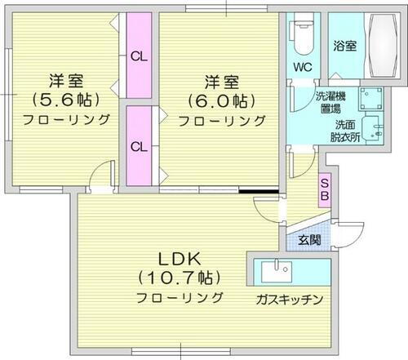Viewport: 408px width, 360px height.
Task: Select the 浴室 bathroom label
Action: [x=344, y=47]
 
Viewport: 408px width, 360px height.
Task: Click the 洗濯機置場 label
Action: [x=330, y=103]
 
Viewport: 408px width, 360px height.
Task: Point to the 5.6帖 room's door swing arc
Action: [x=101, y=173]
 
